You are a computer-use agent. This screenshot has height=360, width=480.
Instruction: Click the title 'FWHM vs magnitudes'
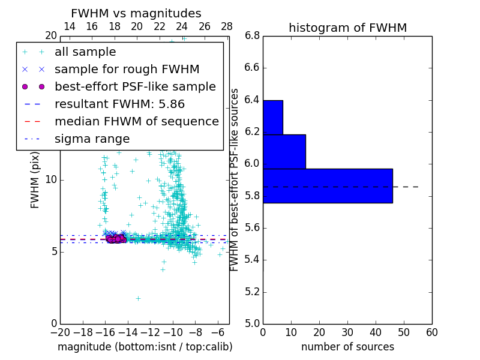tap(136, 13)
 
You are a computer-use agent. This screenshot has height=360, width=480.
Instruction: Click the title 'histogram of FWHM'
tap(347, 28)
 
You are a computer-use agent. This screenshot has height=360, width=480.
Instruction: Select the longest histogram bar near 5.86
tap(328, 186)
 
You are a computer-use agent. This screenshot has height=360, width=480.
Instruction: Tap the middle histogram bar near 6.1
tap(284, 152)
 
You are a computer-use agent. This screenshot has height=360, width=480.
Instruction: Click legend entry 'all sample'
tap(85, 52)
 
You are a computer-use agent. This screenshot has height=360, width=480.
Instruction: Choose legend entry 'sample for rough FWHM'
tap(127, 69)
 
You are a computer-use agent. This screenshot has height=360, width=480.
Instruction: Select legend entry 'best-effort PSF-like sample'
tap(135, 86)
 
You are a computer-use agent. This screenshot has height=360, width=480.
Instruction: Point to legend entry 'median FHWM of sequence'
tap(136, 121)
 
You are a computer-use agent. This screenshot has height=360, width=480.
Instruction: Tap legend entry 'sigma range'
tap(92, 139)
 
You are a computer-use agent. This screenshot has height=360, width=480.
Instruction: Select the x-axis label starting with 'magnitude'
tap(145, 347)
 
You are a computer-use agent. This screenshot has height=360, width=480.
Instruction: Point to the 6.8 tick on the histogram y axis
tap(251, 36)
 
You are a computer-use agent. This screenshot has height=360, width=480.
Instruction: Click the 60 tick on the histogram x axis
tap(431, 332)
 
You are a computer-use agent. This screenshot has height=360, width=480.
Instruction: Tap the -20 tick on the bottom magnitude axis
tap(60, 332)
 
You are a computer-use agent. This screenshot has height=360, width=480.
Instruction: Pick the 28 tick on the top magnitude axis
tap(227, 26)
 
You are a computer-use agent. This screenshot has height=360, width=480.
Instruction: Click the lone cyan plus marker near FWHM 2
tap(138, 298)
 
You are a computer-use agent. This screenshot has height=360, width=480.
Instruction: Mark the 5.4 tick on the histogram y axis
tap(251, 260)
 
